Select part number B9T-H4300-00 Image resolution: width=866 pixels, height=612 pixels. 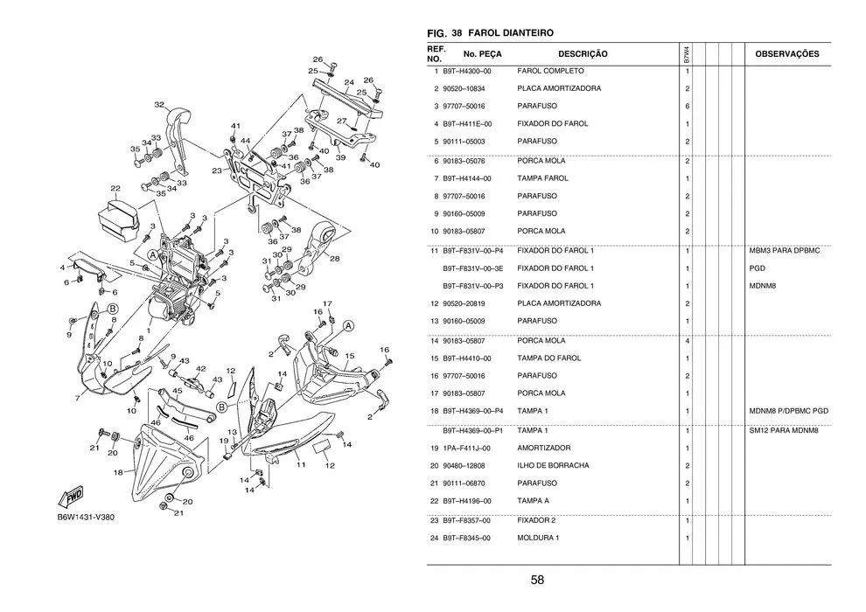(x=466, y=71)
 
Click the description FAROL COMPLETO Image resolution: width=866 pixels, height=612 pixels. (x=551, y=71)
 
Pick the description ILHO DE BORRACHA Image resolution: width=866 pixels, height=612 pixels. (x=553, y=465)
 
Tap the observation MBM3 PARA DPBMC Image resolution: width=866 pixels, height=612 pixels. (x=785, y=251)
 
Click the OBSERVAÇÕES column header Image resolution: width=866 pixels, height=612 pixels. (x=786, y=54)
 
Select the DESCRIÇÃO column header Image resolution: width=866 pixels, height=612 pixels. (x=582, y=54)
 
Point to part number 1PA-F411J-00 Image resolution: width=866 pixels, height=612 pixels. (x=466, y=448)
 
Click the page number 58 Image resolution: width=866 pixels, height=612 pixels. (x=537, y=580)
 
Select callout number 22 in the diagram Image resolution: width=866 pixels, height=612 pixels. (x=115, y=189)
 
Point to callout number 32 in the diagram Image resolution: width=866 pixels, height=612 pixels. (x=159, y=104)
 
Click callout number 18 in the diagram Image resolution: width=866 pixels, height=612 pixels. (x=118, y=472)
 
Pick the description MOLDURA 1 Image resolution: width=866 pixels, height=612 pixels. (x=538, y=538)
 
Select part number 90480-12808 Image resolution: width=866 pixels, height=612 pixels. (x=464, y=465)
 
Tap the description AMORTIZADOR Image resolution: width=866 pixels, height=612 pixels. (x=544, y=448)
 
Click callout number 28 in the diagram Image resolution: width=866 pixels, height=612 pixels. (x=335, y=259)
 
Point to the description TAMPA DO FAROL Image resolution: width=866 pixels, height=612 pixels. (x=549, y=358)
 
